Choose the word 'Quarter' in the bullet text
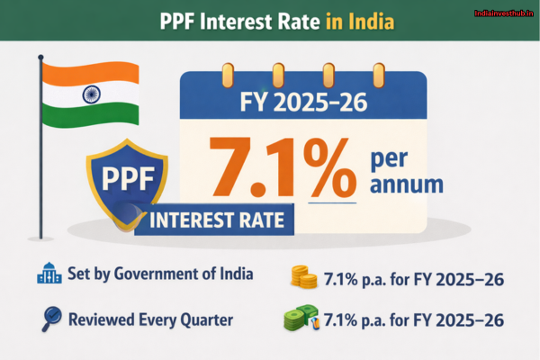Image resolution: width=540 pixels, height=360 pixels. click(x=206, y=319)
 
